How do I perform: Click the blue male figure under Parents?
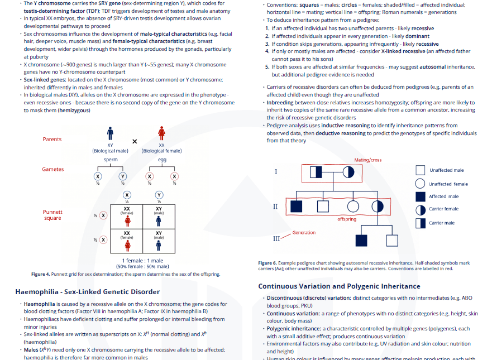tap(110, 133)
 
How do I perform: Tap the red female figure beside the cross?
tap(161, 133)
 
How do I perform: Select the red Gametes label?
tap(52, 169)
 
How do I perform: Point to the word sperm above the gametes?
tap(111, 160)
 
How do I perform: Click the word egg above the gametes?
tap(162, 160)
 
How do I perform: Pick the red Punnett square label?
tap(52, 215)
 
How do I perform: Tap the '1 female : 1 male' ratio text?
tap(143, 261)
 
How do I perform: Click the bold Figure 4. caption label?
tap(40, 274)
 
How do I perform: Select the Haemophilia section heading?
tap(88, 292)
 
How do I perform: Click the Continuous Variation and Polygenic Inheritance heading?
tap(339, 286)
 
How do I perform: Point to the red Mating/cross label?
tap(368, 160)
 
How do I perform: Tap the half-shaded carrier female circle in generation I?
tap(348, 172)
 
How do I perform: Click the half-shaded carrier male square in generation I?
tap(316, 172)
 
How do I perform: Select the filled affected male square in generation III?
tap(361, 241)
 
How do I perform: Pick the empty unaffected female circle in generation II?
tap(354, 207)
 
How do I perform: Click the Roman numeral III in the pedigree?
tap(276, 239)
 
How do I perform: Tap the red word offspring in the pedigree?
tap(347, 219)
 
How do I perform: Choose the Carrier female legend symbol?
tap(421, 210)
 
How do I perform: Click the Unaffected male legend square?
tap(420, 170)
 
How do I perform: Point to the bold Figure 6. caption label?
tap(268, 263)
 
